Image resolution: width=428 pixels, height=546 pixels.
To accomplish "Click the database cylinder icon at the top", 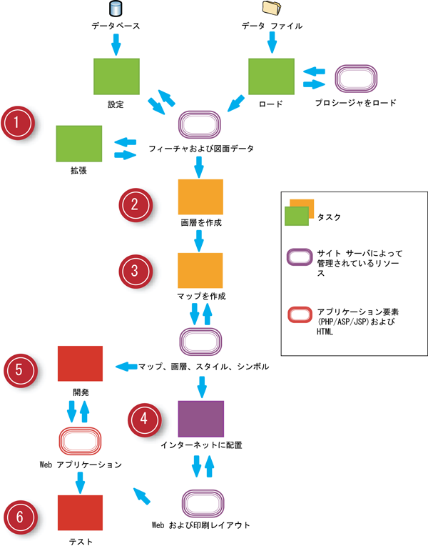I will click(116, 9).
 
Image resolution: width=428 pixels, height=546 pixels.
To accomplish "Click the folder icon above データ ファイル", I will click(271, 9).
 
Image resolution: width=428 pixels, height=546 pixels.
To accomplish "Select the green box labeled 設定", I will click(116, 76).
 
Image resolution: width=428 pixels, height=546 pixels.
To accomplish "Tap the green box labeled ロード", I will click(271, 76).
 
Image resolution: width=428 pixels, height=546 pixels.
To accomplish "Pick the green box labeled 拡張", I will click(78, 143).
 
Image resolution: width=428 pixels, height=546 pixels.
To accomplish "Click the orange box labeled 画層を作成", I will click(200, 197).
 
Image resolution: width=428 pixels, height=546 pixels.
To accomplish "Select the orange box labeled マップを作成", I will click(200, 271).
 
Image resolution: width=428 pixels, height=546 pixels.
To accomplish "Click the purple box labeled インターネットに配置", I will click(200, 418).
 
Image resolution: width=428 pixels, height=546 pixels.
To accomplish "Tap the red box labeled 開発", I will click(80, 363).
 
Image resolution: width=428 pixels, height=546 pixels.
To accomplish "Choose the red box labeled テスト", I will click(80, 513).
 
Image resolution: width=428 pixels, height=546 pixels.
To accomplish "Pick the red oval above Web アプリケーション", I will click(80, 440).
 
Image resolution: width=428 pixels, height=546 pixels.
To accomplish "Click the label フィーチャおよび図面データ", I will click(201, 149).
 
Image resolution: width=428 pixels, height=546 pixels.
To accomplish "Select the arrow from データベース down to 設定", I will click(116, 44).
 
